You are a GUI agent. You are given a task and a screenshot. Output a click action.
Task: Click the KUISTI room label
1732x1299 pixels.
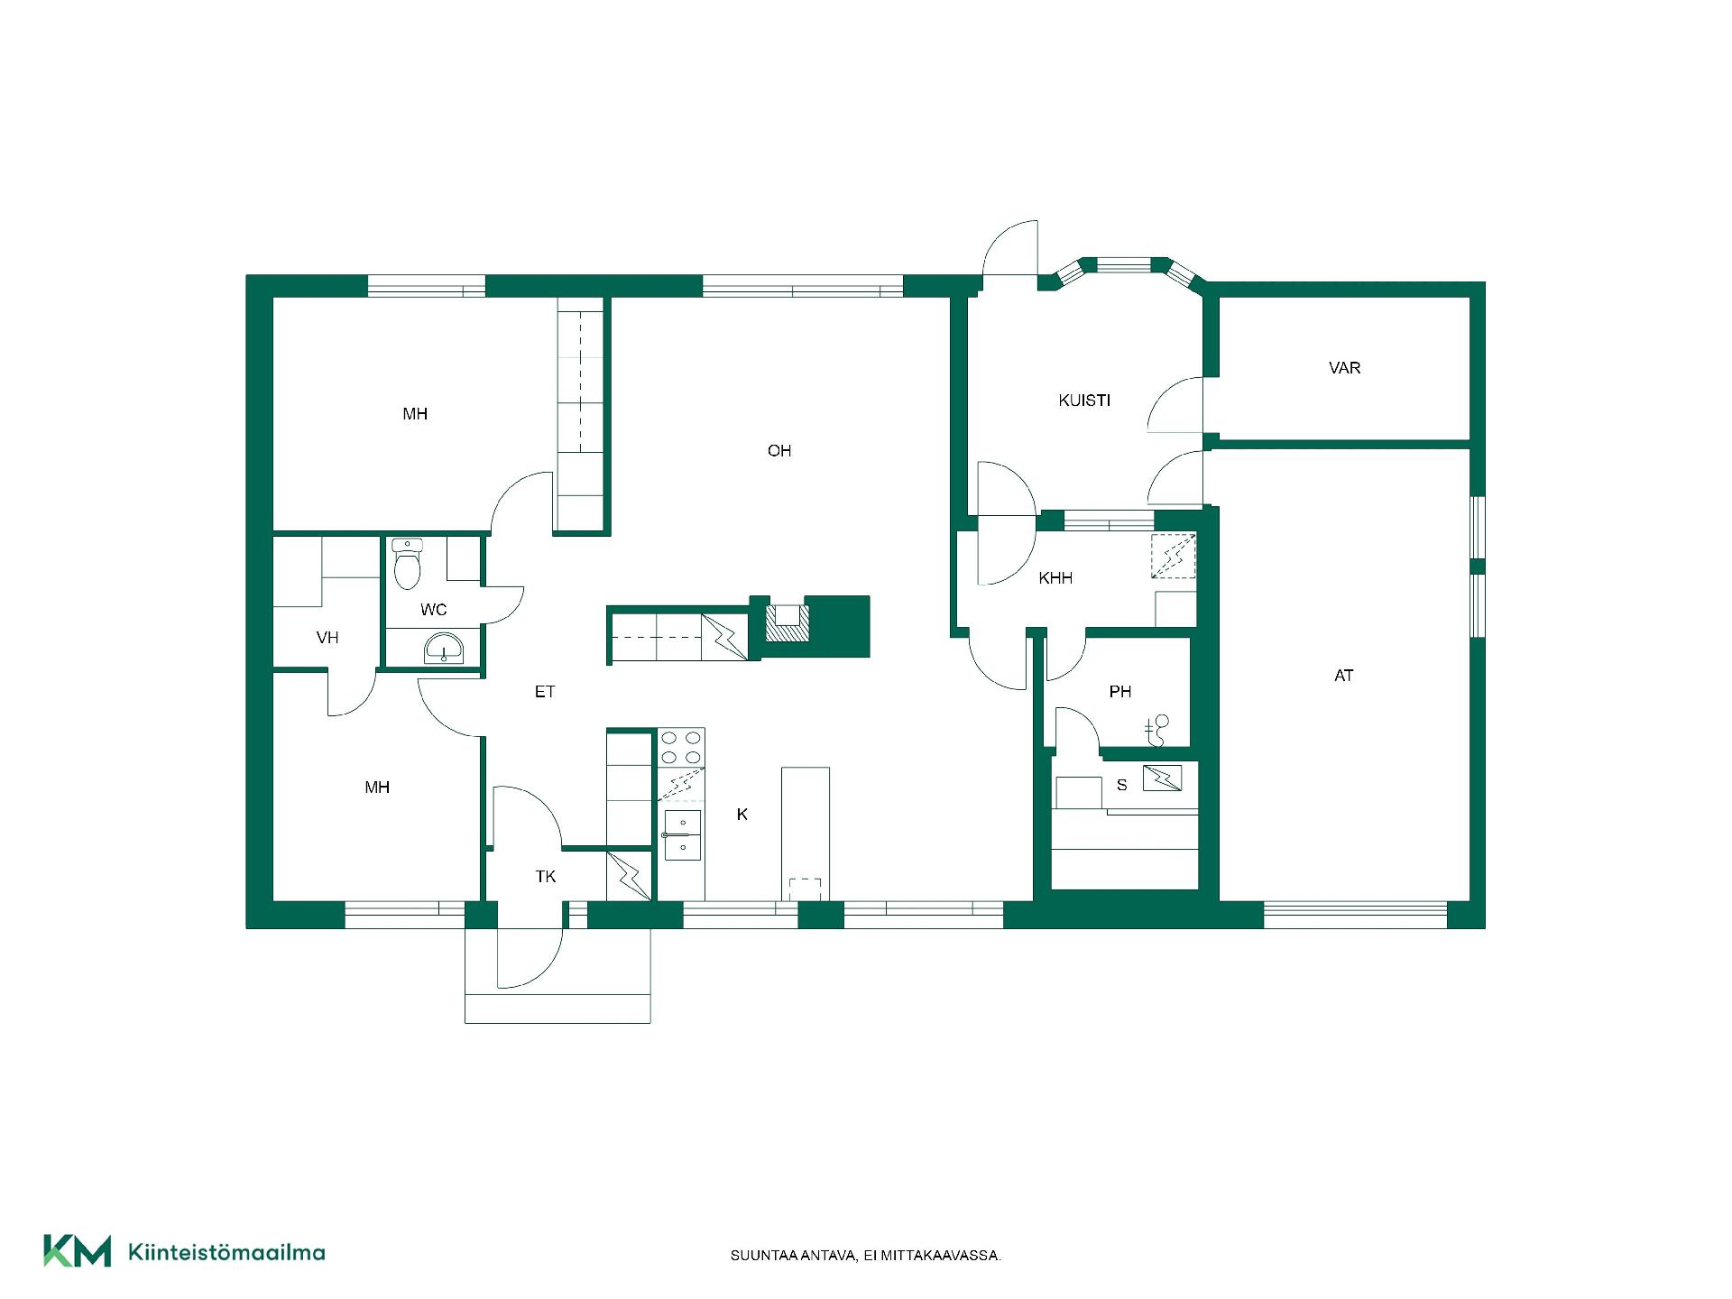click(1084, 401)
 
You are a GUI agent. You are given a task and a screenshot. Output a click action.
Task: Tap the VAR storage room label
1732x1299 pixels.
click(1344, 368)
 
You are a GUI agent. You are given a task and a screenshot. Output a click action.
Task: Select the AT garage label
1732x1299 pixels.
click(1343, 676)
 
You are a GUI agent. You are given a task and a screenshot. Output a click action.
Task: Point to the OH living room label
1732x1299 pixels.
click(779, 451)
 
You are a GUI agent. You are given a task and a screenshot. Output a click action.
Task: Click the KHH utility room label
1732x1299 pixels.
click(1055, 578)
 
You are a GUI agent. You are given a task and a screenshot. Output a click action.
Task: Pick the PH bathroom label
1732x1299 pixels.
click(1120, 692)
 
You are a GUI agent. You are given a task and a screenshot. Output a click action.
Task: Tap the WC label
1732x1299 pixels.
click(434, 610)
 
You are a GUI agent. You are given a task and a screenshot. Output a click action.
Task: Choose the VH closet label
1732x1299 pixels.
click(327, 638)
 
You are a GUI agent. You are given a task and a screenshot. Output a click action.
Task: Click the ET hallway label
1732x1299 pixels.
click(545, 692)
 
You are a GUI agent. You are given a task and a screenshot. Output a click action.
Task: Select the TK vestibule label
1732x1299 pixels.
click(546, 877)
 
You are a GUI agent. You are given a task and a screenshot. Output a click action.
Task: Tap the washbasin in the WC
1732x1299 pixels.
click(444, 649)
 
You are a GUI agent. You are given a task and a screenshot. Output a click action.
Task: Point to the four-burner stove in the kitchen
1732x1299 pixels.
click(681, 748)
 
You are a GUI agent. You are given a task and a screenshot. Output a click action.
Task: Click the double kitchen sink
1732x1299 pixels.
click(683, 835)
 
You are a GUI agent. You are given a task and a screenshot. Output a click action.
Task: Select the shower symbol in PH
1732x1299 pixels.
click(1156, 731)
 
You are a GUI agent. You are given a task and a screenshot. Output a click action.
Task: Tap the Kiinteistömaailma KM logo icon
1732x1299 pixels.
click(78, 1251)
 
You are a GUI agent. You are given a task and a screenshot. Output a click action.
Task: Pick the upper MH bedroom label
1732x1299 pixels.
click(415, 414)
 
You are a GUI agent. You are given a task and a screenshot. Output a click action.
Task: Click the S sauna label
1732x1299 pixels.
click(1122, 786)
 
